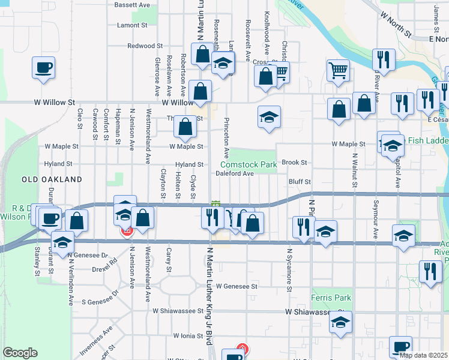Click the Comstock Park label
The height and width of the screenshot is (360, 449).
pos(249,164)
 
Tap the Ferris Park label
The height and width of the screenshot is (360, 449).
pos(331,298)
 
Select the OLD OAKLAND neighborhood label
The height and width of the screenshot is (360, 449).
pos(52,179)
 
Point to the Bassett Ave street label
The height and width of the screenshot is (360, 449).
pos(132,5)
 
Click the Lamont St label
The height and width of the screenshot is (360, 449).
pos(132,25)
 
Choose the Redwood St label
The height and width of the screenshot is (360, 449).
pos(145,46)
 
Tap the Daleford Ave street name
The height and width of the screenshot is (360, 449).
pos(235,173)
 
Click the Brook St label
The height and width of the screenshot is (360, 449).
pos(294,163)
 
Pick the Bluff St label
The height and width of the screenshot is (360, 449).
pos(299,181)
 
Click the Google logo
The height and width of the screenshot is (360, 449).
pos(20,353)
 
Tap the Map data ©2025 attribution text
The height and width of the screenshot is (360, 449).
pos(424,355)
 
